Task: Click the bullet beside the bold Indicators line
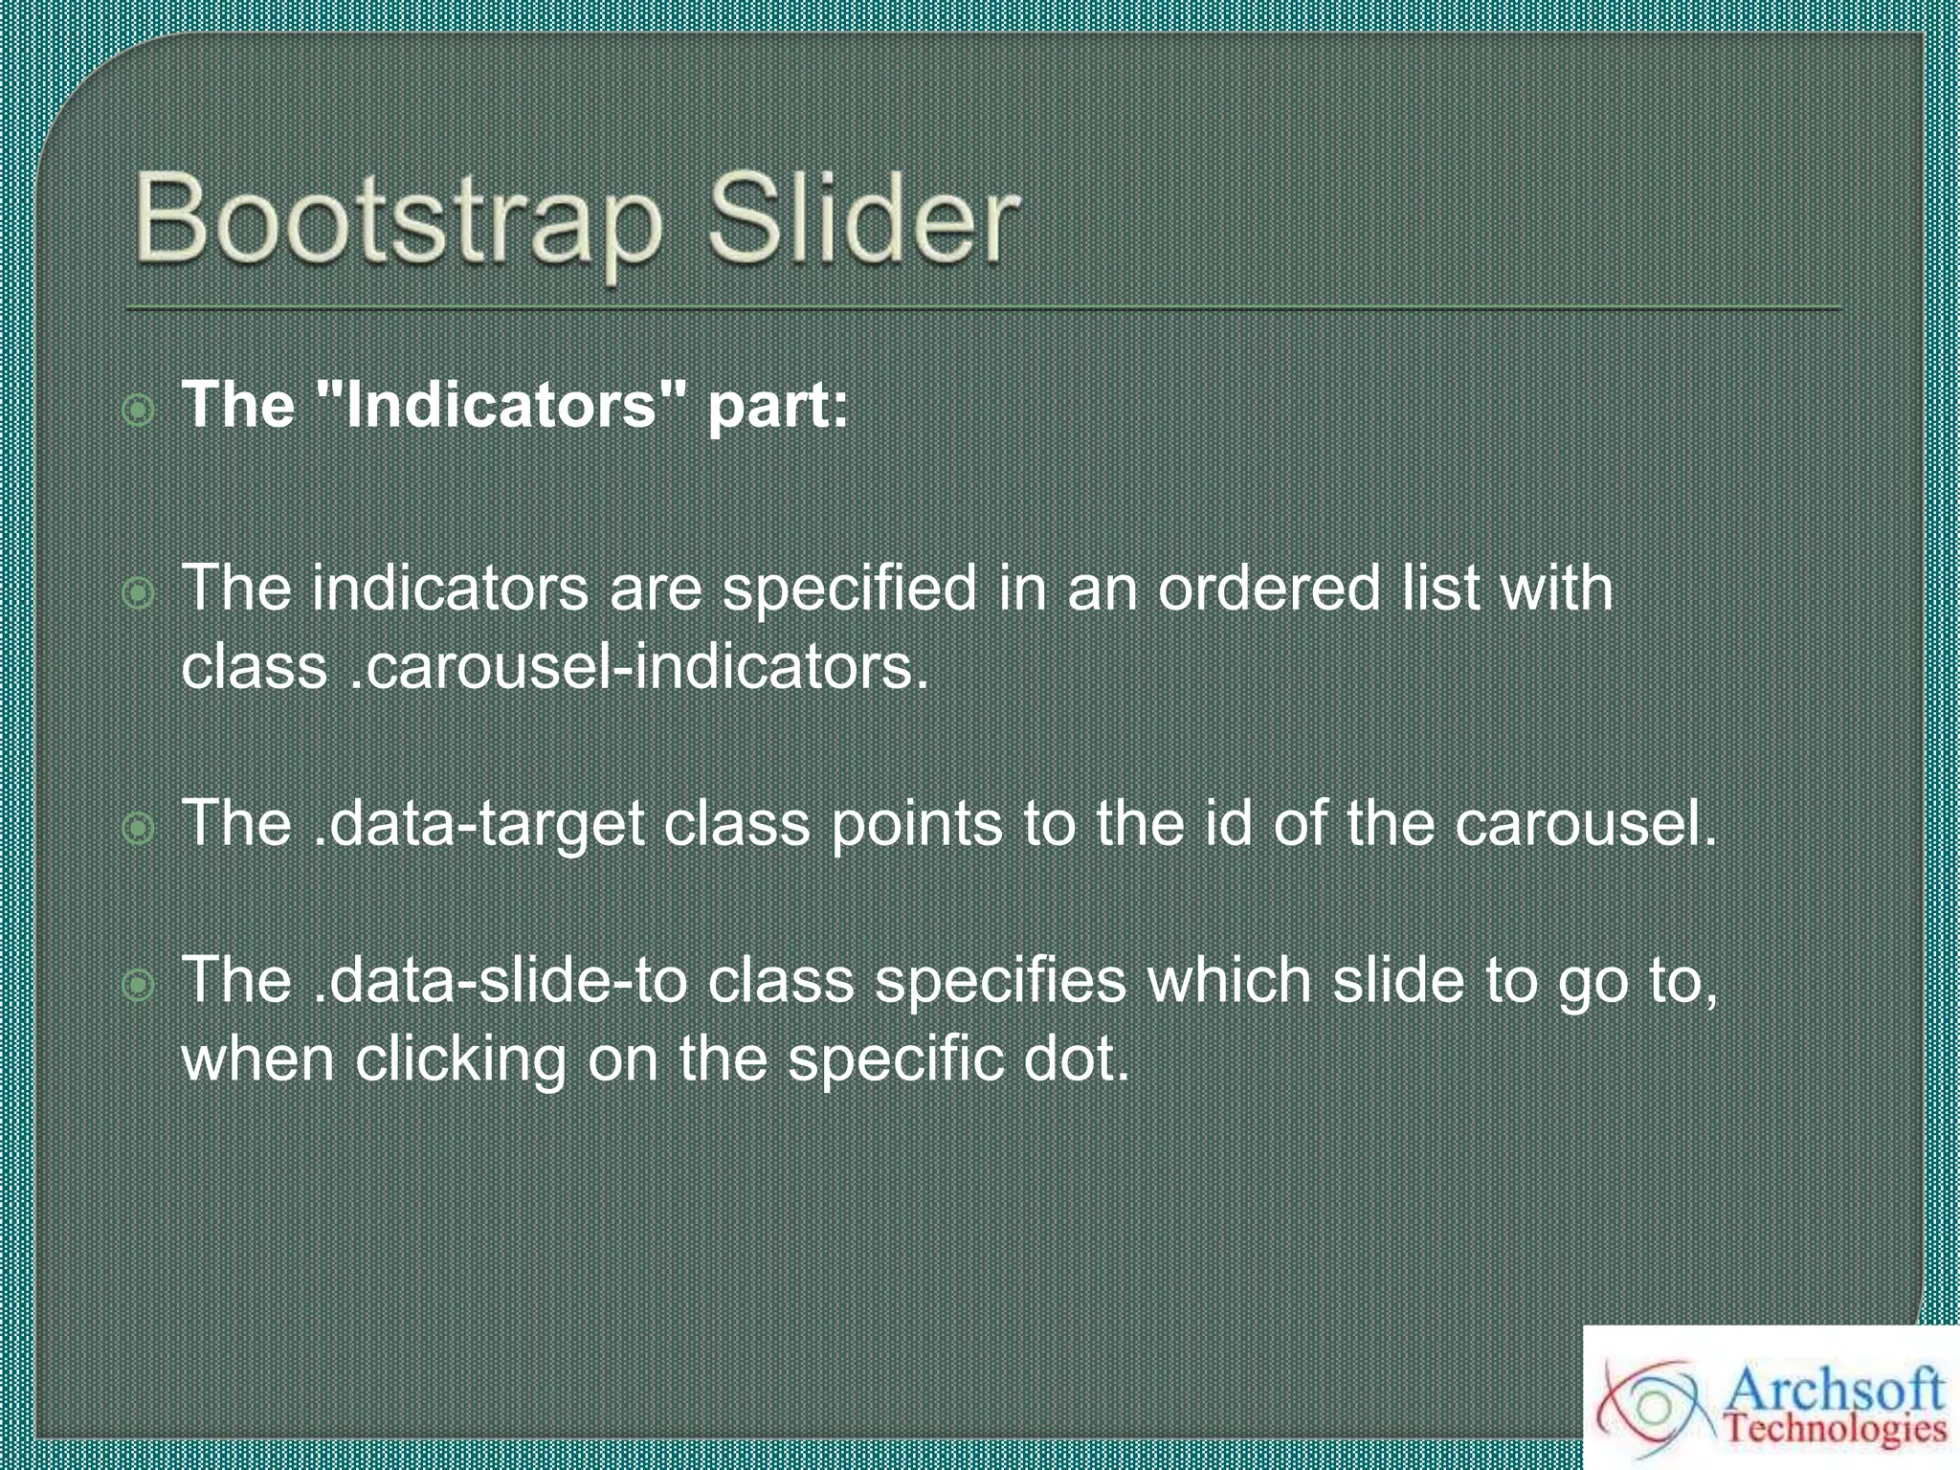tap(139, 411)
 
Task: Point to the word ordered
tap(1269, 588)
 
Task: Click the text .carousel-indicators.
tap(638, 666)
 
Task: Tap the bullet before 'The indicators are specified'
tap(139, 593)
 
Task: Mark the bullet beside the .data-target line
tap(139, 829)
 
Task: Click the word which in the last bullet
tap(1229, 980)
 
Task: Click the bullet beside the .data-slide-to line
tap(139, 985)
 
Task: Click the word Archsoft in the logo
tap(1835, 1390)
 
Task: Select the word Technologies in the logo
tap(1835, 1430)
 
